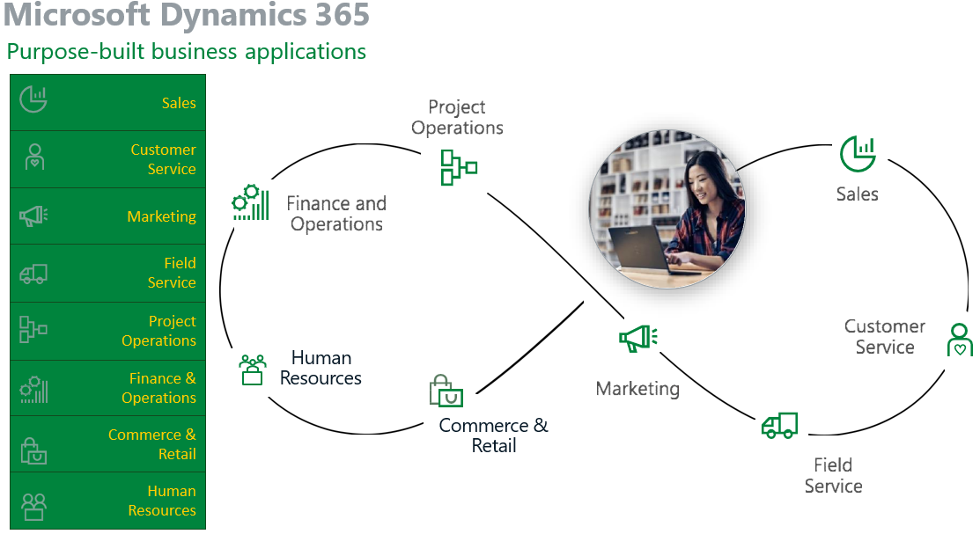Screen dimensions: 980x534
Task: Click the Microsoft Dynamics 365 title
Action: click(187, 14)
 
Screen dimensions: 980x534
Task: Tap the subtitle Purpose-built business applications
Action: click(187, 51)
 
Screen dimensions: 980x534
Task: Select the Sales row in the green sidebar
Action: click(107, 102)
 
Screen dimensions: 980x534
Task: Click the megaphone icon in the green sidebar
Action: click(33, 216)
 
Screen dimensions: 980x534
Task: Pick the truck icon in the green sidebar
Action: click(33, 274)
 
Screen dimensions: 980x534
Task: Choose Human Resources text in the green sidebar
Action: click(162, 501)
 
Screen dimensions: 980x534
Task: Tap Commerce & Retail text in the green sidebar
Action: click(151, 444)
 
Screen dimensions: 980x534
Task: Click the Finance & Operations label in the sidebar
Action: click(158, 388)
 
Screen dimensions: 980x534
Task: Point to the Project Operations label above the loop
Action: click(457, 117)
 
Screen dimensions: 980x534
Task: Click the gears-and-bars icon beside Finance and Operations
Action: click(251, 202)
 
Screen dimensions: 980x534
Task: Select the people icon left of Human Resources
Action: click(253, 369)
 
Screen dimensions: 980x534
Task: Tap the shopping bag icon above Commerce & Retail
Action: click(446, 391)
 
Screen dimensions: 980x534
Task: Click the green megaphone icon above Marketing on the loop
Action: click(638, 338)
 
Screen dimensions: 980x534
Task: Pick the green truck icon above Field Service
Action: click(779, 425)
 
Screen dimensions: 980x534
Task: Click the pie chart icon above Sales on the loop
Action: click(858, 154)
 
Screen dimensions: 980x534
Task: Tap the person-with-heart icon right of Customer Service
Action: click(960, 340)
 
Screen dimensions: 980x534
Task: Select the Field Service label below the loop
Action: click(833, 475)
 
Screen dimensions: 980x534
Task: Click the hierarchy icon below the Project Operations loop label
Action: click(459, 167)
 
